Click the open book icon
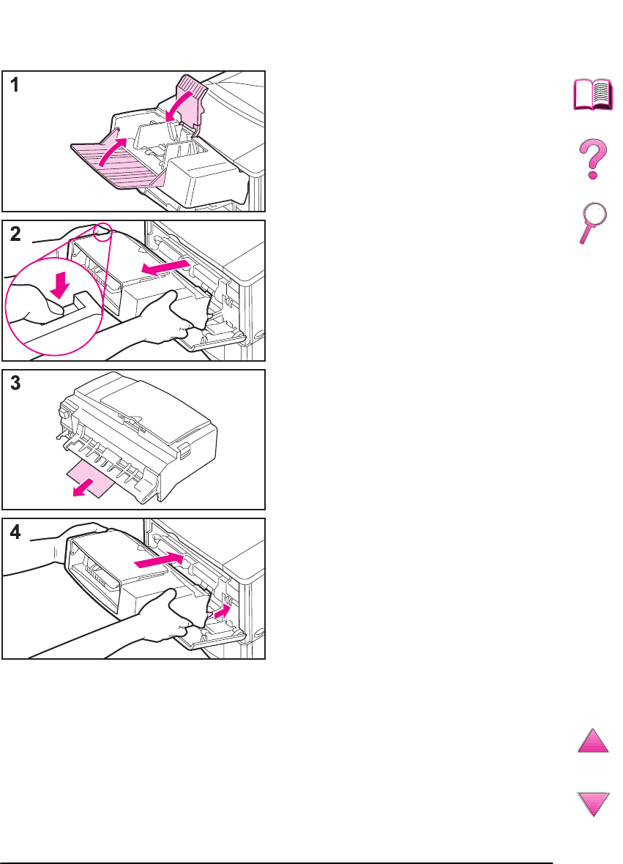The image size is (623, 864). [593, 94]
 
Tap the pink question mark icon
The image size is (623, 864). [594, 159]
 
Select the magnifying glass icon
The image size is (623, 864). [593, 223]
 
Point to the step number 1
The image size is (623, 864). [15, 85]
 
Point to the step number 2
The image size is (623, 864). [15, 234]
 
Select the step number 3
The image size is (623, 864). [15, 383]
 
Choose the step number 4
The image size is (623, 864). [15, 532]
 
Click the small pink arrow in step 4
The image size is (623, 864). [221, 611]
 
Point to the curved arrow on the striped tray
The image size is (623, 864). [113, 151]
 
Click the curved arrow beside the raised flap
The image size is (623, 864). [180, 105]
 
